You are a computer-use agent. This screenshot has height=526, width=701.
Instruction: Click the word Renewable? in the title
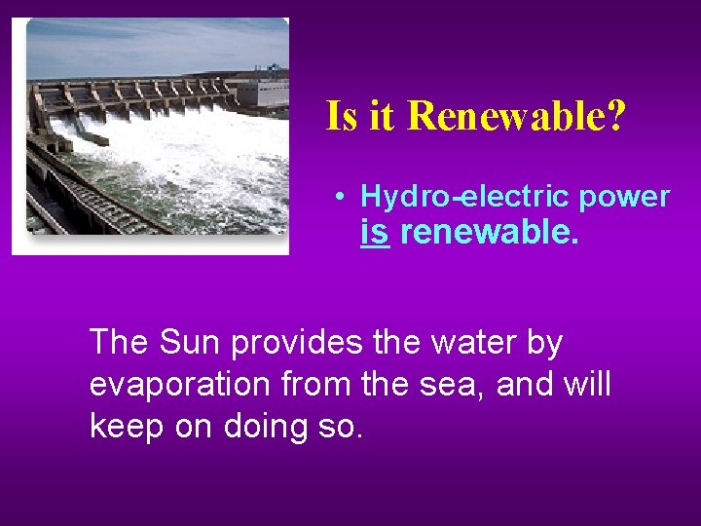[x=517, y=116]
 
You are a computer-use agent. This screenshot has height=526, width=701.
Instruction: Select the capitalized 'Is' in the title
[x=342, y=116]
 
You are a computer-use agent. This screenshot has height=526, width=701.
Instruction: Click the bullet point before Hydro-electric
[x=336, y=197]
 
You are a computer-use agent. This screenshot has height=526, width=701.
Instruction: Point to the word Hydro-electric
[x=464, y=197]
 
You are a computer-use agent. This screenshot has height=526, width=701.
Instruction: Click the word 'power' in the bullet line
[x=623, y=197]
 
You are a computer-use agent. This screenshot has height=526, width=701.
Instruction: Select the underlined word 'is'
[x=375, y=233]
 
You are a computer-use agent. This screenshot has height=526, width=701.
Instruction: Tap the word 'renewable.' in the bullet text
[x=489, y=233]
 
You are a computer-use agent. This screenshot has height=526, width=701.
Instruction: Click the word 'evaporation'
[x=179, y=386]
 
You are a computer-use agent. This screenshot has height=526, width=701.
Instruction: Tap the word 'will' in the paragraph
[x=585, y=384]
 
